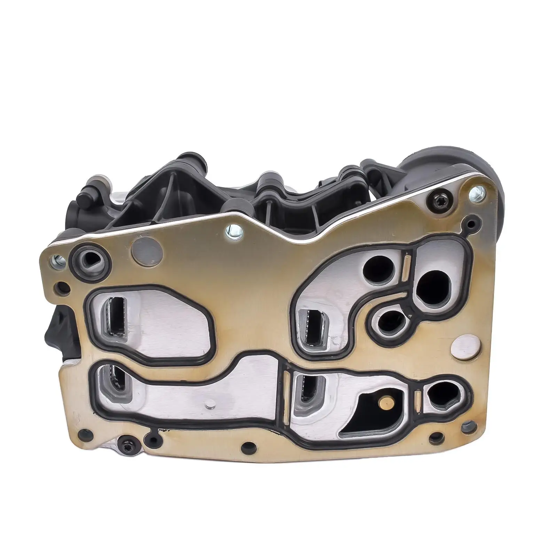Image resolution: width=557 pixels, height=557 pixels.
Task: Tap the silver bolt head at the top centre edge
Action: click(230, 229)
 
